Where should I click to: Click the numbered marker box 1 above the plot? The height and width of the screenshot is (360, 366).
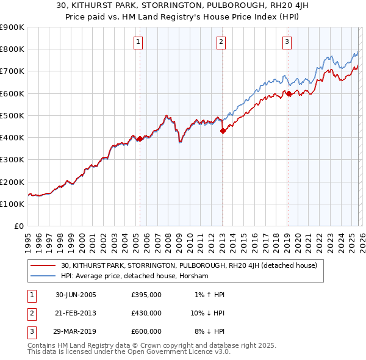click(139, 42)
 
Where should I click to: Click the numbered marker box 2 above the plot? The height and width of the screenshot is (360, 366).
click(221, 42)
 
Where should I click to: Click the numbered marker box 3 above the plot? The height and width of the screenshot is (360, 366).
click(287, 42)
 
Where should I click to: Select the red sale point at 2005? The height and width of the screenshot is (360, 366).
click(140, 139)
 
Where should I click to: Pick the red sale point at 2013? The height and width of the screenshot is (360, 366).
click(223, 131)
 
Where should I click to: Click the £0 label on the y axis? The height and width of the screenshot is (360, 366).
click(18, 226)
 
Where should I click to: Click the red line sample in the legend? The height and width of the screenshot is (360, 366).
click(44, 265)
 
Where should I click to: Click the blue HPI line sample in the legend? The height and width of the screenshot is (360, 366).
click(44, 276)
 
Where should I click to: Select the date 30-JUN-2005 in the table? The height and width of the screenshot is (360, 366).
click(76, 295)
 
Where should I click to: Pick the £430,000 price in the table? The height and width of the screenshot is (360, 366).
click(146, 313)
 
